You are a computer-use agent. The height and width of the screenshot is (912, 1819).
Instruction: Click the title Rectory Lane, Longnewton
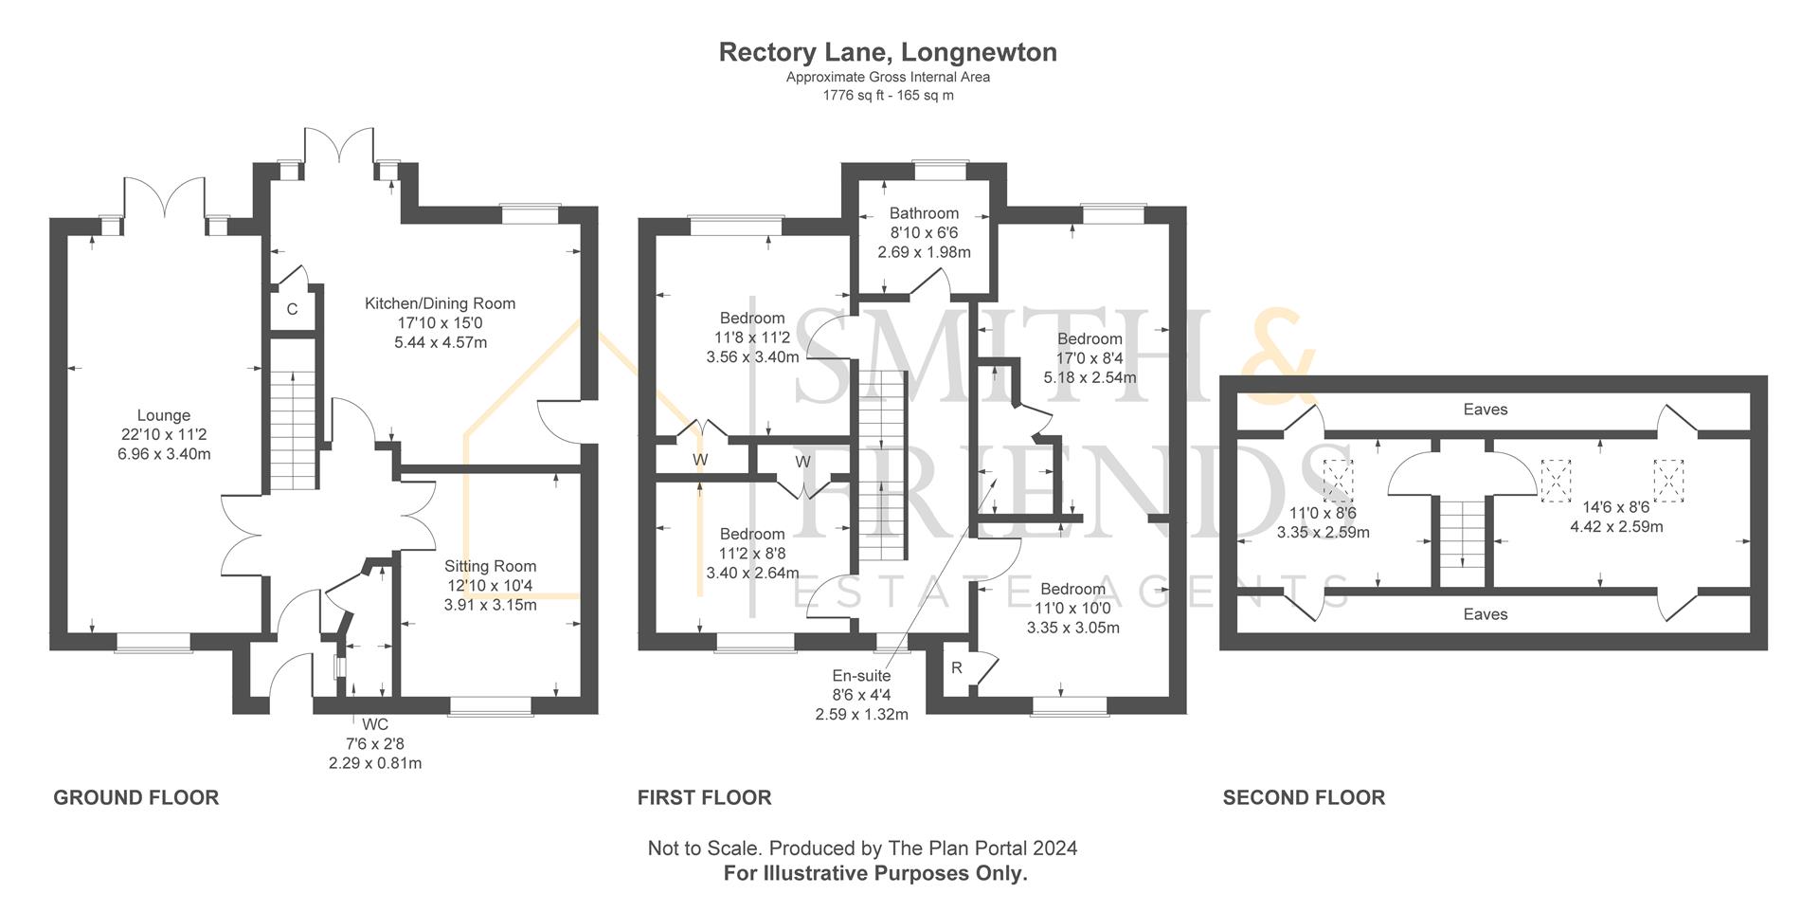pos(888,52)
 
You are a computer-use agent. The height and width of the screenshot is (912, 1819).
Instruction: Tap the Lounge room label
pos(163,415)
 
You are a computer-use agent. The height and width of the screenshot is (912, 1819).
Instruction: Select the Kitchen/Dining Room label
pos(440,303)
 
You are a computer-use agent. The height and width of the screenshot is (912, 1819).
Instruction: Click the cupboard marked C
pos(292,309)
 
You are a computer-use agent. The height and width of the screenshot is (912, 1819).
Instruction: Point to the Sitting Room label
pos(490,566)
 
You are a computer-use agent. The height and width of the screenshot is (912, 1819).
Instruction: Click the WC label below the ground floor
pos(374,724)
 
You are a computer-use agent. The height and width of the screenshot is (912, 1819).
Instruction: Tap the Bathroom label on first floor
pos(924,213)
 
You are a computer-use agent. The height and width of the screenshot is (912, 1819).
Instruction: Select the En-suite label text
pos(860,675)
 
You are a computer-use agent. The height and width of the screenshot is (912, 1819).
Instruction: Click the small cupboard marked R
pos(957,668)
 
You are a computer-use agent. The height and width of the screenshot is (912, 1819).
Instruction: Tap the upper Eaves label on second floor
pos(1485,410)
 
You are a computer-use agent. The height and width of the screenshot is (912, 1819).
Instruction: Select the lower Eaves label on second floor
pos(1485,614)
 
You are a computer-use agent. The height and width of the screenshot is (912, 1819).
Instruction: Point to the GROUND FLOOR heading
pos(135,797)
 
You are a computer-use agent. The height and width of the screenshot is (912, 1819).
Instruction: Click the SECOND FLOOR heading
pos(1304,797)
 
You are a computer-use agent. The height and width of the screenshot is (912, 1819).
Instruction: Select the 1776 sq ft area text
pos(888,95)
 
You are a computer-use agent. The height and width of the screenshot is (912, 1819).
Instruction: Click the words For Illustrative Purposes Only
pos(875,873)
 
